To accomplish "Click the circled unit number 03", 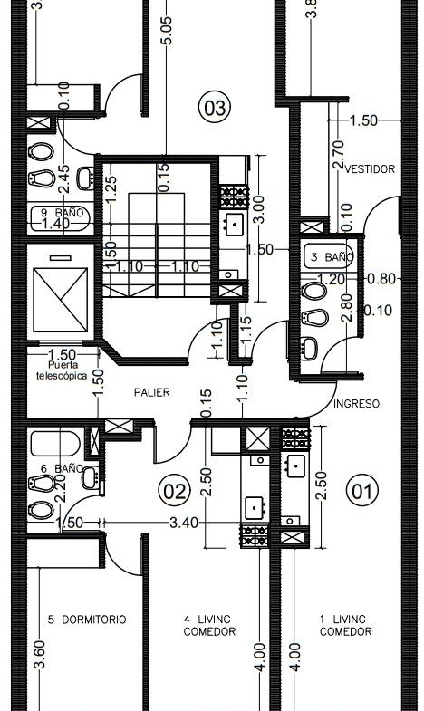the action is click(215, 108).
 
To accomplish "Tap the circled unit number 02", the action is click(175, 492).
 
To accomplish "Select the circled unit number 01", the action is click(361, 491).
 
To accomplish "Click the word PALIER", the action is click(152, 392).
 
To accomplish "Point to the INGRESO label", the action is click(356, 404).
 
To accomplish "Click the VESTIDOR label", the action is click(370, 169).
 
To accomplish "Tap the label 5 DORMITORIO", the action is click(87, 620).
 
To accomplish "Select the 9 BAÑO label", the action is click(63, 212).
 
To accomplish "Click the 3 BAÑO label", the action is click(332, 257).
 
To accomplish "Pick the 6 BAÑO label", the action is click(63, 468).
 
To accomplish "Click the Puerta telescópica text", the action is click(63, 370).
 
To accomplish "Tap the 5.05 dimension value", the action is click(167, 31).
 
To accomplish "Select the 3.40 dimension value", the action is click(184, 523).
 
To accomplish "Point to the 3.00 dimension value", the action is click(259, 209).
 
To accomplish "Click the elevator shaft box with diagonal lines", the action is click(61, 300).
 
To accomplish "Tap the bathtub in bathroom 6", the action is click(55, 444).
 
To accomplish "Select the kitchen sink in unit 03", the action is click(235, 224).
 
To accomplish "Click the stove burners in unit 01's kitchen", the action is click(295, 438).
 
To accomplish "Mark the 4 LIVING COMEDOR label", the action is click(209, 625).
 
